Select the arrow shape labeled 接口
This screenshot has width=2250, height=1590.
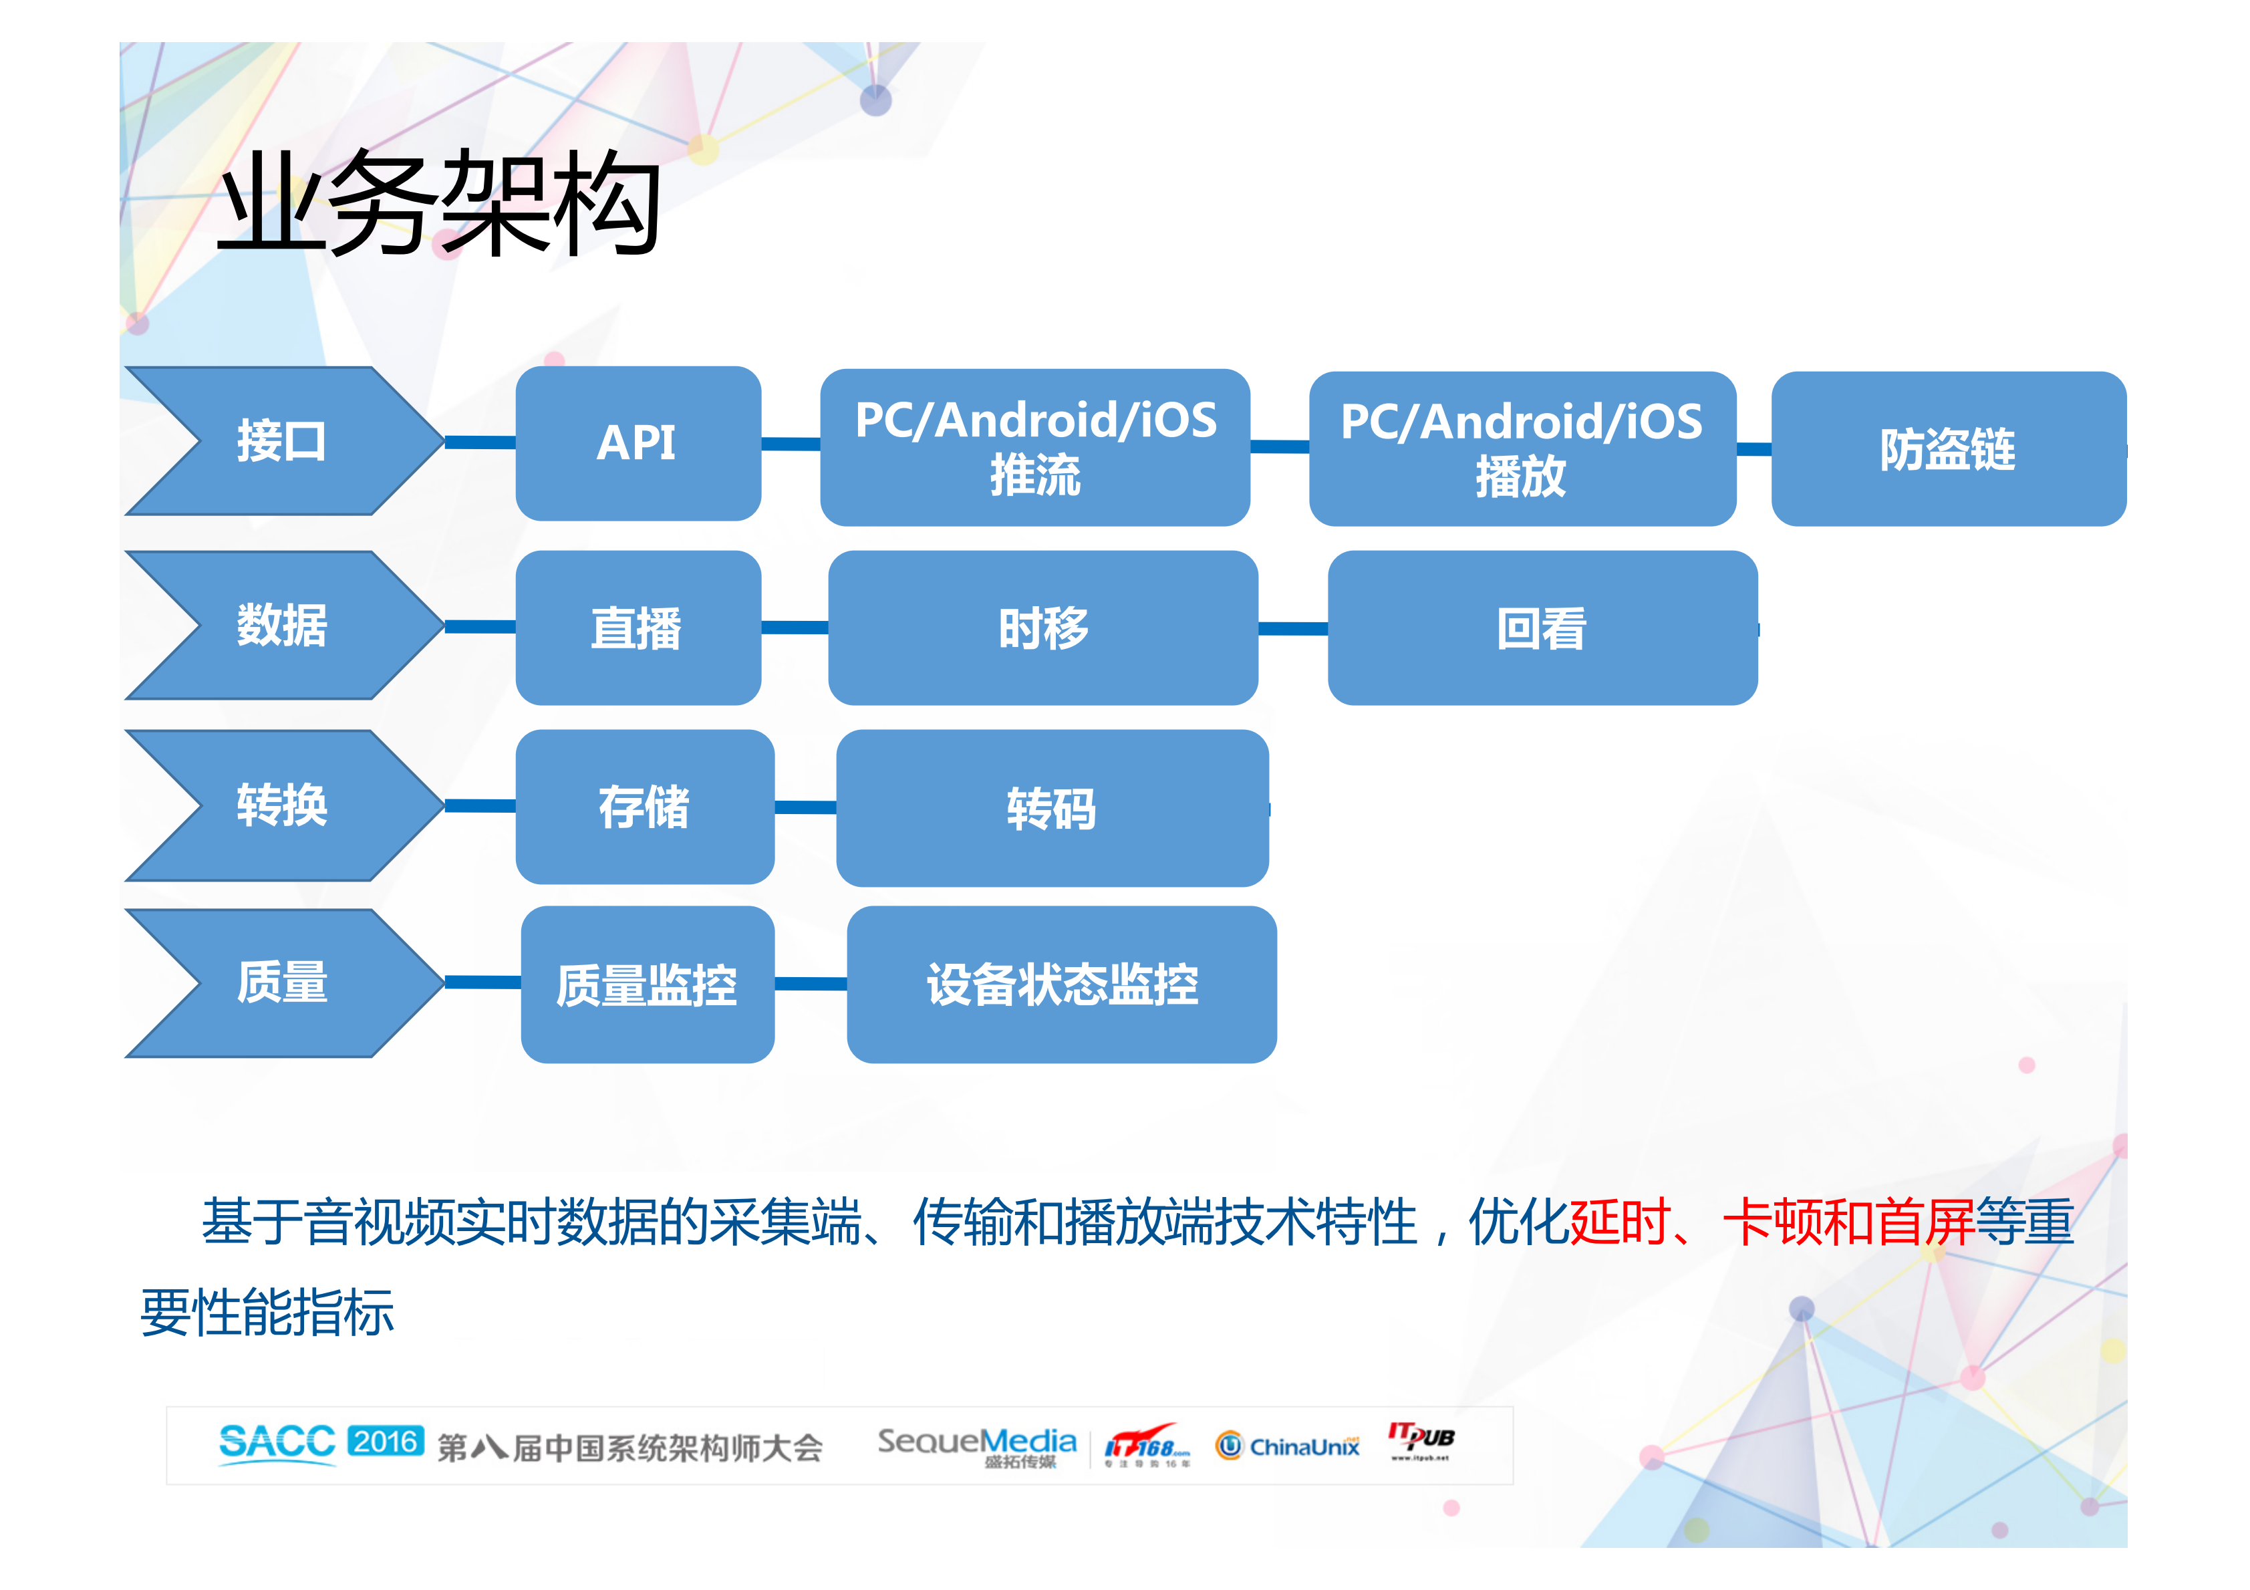pos(282,441)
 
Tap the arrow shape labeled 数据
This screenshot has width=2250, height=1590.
pos(282,626)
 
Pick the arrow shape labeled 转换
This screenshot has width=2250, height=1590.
pos(282,806)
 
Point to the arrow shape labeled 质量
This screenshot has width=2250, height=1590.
pos(282,983)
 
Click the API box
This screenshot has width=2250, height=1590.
pos(638,443)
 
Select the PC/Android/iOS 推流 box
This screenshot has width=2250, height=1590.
pos(1035,447)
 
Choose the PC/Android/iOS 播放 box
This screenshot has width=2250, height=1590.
pos(1522,449)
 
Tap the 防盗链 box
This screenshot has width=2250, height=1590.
pos(1947,449)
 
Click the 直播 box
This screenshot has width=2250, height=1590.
pos(638,628)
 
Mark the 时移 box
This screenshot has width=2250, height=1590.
pos(1042,628)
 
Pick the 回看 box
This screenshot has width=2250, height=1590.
pos(1542,628)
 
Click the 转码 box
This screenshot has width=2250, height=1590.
pos(1052,809)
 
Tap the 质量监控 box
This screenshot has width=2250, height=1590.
pos(647,985)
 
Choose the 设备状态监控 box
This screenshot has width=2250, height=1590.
pos(1061,985)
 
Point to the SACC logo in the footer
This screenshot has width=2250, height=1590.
pos(277,1443)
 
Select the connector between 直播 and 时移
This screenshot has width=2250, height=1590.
pos(795,628)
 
